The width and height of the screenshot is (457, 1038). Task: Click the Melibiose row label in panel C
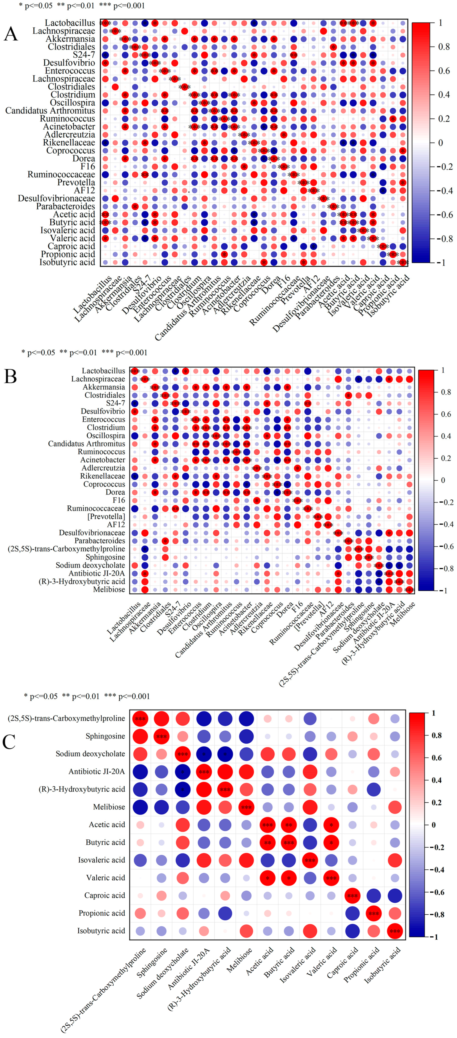click(109, 807)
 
